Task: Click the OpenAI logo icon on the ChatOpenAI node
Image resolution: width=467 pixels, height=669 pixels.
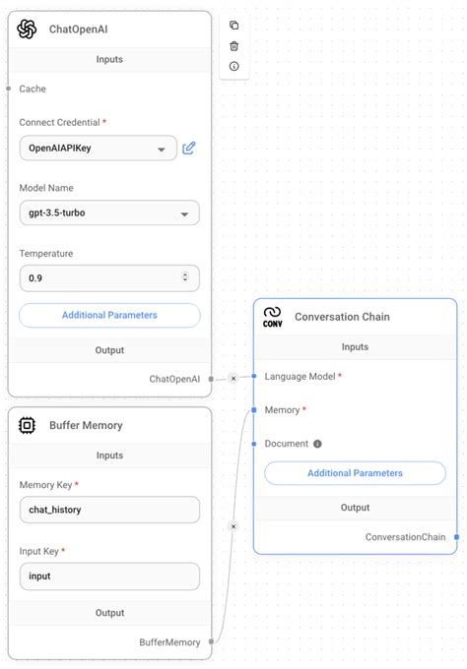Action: pos(27,29)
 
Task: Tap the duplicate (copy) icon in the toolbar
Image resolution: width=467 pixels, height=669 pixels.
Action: pos(233,26)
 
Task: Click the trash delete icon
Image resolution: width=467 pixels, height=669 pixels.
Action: pos(233,45)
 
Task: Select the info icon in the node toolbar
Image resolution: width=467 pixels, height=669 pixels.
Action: pos(233,66)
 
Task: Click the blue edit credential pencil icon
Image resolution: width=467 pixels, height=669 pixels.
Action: pos(189,148)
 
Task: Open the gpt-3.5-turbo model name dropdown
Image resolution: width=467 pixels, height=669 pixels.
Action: pos(108,213)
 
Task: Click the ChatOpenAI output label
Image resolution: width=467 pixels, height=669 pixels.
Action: pos(174,378)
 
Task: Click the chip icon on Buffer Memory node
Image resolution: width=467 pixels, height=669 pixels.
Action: pos(28,425)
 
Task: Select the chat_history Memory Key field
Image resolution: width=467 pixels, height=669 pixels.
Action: pos(108,510)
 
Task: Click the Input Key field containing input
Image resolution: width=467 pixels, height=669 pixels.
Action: pos(108,576)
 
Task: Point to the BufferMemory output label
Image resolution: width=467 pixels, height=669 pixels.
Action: pos(169,641)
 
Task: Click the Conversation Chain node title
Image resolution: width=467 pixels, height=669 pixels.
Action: pos(342,317)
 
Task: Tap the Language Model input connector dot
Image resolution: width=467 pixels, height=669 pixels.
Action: pos(254,376)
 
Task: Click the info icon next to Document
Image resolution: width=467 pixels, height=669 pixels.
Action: pos(317,444)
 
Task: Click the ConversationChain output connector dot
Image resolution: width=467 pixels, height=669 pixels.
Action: pos(457,536)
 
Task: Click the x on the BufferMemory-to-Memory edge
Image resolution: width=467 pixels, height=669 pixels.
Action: pos(233,526)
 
